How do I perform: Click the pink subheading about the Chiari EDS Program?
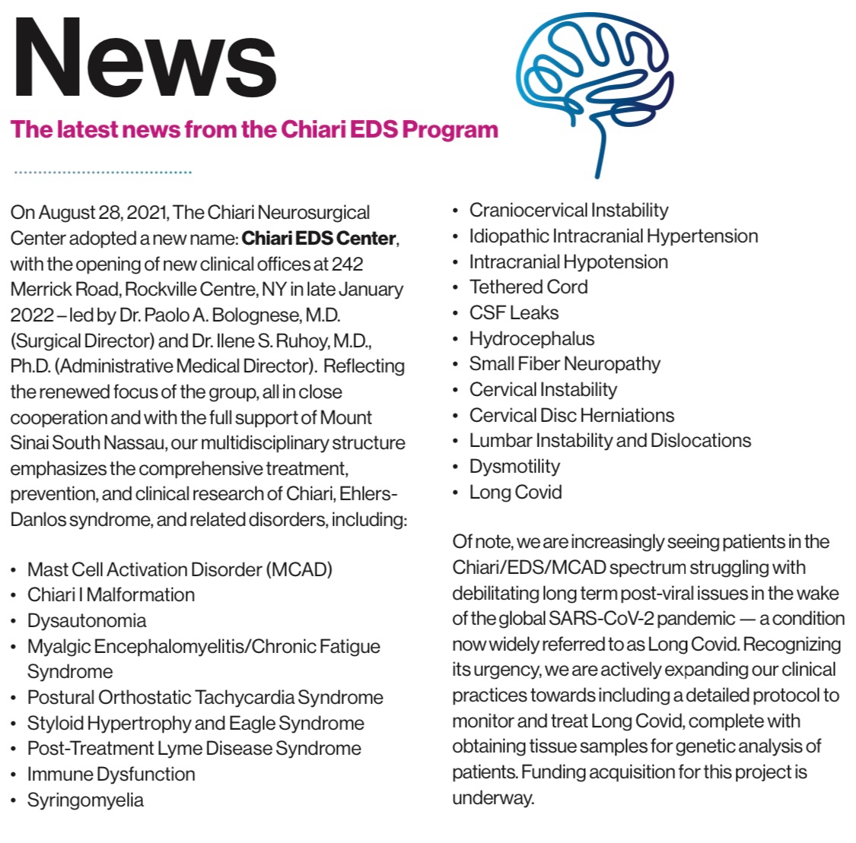pyautogui.click(x=255, y=128)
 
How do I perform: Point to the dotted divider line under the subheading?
pyautogui.click(x=103, y=173)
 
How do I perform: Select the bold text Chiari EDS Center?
pyautogui.click(x=319, y=238)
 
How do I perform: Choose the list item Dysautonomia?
pyautogui.click(x=87, y=620)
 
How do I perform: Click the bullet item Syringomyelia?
pyautogui.click(x=85, y=800)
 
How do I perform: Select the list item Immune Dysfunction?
pyautogui.click(x=111, y=774)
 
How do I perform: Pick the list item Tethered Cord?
pyautogui.click(x=528, y=287)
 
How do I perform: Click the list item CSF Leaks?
pyautogui.click(x=514, y=312)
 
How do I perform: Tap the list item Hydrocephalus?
pyautogui.click(x=531, y=338)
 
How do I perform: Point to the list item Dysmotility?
pyautogui.click(x=514, y=466)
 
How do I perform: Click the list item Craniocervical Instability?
pyautogui.click(x=568, y=210)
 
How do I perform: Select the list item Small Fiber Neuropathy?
pyautogui.click(x=565, y=363)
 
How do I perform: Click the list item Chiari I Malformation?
pyautogui.click(x=111, y=594)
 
